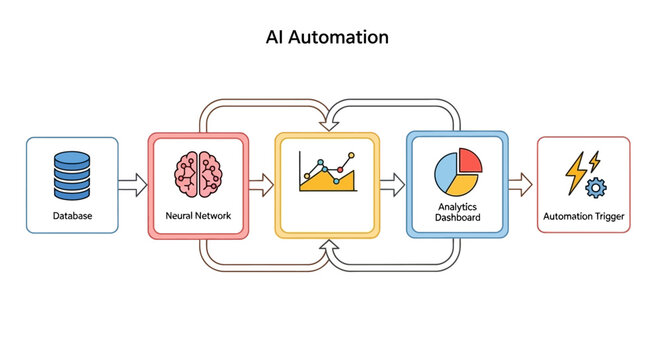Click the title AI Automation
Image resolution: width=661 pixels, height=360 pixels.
click(x=328, y=38)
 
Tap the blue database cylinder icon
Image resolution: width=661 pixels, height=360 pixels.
click(x=71, y=174)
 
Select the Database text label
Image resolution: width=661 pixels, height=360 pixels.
click(x=71, y=215)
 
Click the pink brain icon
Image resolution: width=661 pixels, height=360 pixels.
click(x=197, y=171)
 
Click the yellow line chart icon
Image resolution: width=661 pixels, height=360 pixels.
click(x=327, y=173)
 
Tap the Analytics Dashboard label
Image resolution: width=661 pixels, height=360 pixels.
click(x=459, y=213)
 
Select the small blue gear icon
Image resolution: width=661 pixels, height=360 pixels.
click(x=596, y=186)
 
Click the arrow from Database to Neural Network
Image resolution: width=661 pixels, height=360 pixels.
click(x=132, y=184)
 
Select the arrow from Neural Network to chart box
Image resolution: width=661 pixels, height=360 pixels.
click(x=260, y=184)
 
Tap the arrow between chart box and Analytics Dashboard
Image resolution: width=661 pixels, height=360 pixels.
click(x=392, y=184)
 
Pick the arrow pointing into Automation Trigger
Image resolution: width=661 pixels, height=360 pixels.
click(x=520, y=184)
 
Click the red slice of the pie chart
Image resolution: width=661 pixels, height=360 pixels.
click(x=470, y=160)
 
